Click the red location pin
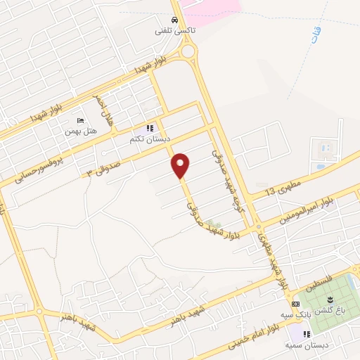[181, 165]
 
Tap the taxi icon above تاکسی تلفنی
[174, 20]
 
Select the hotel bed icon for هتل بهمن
[79, 121]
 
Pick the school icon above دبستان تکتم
[149, 129]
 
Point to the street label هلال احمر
[105, 109]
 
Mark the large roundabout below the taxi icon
[188, 51]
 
